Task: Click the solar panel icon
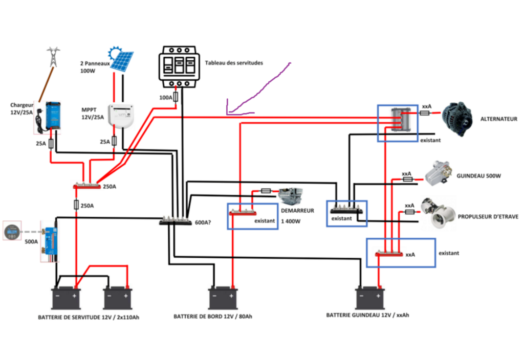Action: pos(122,59)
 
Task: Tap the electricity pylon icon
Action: pos(53,56)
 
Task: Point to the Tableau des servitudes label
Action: pos(234,63)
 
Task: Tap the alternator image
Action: pos(458,119)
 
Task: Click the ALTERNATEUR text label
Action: pos(498,119)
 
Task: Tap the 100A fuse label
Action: pos(166,97)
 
